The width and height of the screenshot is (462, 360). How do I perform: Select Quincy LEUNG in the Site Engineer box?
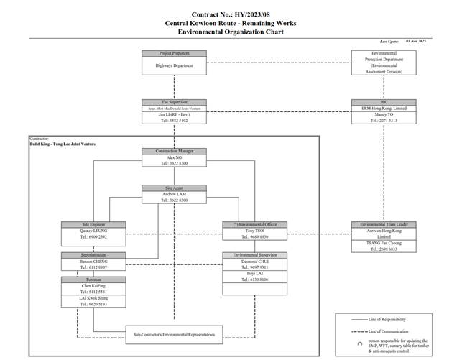(94, 231)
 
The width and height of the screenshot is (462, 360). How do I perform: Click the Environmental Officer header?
(256, 225)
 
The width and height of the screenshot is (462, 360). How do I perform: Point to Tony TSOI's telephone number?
(256, 237)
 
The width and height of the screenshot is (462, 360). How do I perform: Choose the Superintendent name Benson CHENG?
(94, 262)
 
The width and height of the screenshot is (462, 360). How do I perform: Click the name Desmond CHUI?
(256, 262)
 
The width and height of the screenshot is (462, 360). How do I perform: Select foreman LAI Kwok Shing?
(94, 299)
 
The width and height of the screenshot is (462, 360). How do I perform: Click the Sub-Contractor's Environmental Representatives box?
(175, 334)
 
